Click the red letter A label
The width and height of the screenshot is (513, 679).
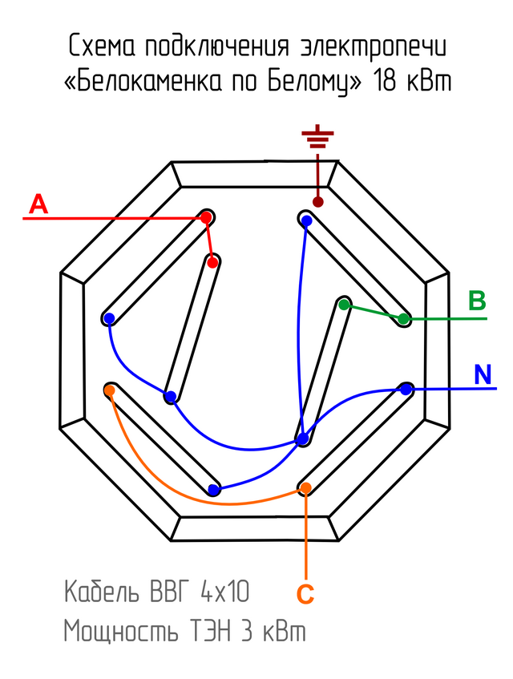(38, 205)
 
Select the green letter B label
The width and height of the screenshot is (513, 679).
(477, 301)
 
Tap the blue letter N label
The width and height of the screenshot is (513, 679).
(483, 374)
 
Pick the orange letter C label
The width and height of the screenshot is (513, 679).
(305, 594)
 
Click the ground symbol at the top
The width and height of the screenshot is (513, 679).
(318, 139)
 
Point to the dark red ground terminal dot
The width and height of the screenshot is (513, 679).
(318, 201)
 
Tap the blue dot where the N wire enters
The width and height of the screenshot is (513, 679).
(406, 390)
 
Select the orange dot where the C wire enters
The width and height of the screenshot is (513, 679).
(305, 487)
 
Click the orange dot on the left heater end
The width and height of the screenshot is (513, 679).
(110, 390)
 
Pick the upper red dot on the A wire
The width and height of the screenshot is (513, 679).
(206, 217)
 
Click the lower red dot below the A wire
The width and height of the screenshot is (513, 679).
(212, 261)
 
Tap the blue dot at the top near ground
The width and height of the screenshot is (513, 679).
(305, 219)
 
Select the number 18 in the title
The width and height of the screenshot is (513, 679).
(386, 81)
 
